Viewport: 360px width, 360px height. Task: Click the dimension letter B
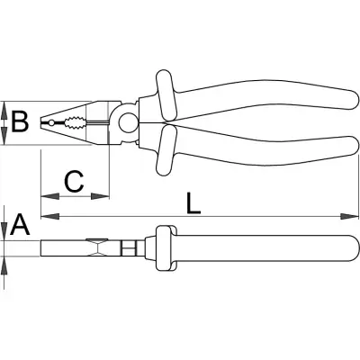click(x=20, y=121)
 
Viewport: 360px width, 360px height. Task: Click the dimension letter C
click(x=74, y=182)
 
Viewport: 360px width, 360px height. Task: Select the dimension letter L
click(x=193, y=203)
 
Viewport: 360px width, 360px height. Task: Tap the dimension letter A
click(x=20, y=224)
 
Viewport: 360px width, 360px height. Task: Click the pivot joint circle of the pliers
click(x=127, y=122)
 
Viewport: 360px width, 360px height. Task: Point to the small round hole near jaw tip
click(x=51, y=122)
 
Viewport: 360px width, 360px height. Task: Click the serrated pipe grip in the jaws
click(x=75, y=122)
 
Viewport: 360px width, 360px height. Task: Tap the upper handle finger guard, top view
click(x=165, y=94)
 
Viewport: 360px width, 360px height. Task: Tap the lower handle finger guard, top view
click(x=165, y=150)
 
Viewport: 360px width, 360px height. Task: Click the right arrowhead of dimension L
click(x=349, y=216)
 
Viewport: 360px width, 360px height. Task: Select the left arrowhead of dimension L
click(x=50, y=216)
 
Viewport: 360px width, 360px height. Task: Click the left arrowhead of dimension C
click(x=49, y=196)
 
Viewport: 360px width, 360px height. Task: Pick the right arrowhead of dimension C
click(x=100, y=196)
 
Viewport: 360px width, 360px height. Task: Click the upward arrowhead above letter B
click(x=4, y=111)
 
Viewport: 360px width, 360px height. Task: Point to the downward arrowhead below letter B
click(x=4, y=136)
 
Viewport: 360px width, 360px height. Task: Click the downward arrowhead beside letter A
click(x=4, y=231)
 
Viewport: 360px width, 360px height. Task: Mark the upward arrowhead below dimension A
click(x=4, y=265)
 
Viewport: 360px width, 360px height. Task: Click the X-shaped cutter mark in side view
click(x=96, y=247)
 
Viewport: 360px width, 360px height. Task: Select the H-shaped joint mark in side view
click(x=129, y=247)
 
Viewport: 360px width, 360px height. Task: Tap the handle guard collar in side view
click(x=166, y=248)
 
